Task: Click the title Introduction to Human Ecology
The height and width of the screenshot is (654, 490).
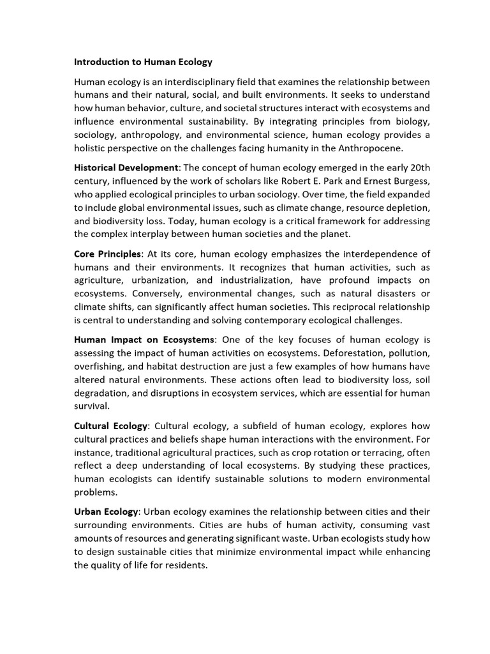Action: click(143, 62)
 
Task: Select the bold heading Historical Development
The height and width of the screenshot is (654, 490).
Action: click(127, 167)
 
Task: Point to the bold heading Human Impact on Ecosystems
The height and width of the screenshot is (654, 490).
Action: click(145, 339)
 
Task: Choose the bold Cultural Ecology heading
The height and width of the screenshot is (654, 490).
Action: click(111, 426)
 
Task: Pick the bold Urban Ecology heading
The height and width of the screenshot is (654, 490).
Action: click(106, 512)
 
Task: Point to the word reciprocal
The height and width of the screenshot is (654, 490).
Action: click(359, 307)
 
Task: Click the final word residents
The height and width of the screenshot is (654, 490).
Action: click(186, 565)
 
